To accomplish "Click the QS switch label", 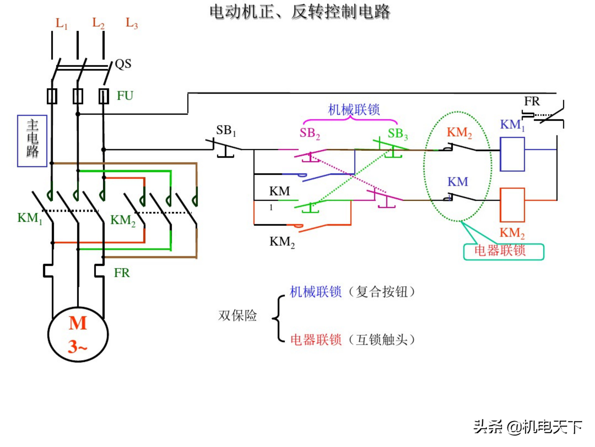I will tap(123, 64).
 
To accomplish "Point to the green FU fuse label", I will tap(125, 96).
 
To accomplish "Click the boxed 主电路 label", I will tap(32, 141).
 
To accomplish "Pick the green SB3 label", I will tap(397, 134).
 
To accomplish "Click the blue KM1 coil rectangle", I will tap(512, 154).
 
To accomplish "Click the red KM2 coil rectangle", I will tap(512, 205).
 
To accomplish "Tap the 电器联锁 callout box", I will tap(503, 251).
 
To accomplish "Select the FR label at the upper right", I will tap(532, 102).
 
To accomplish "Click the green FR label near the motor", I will tap(121, 273).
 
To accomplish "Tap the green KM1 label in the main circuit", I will tap(30, 218).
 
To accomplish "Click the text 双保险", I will tap(237, 316).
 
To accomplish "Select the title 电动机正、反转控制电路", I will tap(300, 12).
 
